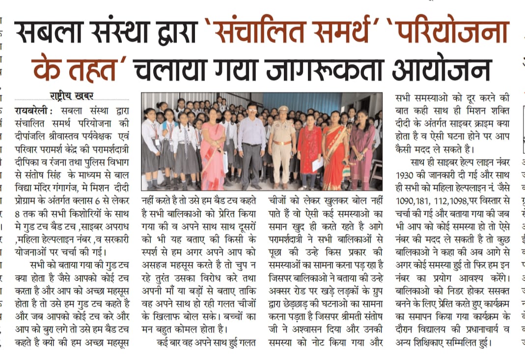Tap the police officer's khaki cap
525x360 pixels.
(x=283, y=109)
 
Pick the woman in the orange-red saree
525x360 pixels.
(x=335, y=152)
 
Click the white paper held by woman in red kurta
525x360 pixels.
(x=317, y=164)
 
